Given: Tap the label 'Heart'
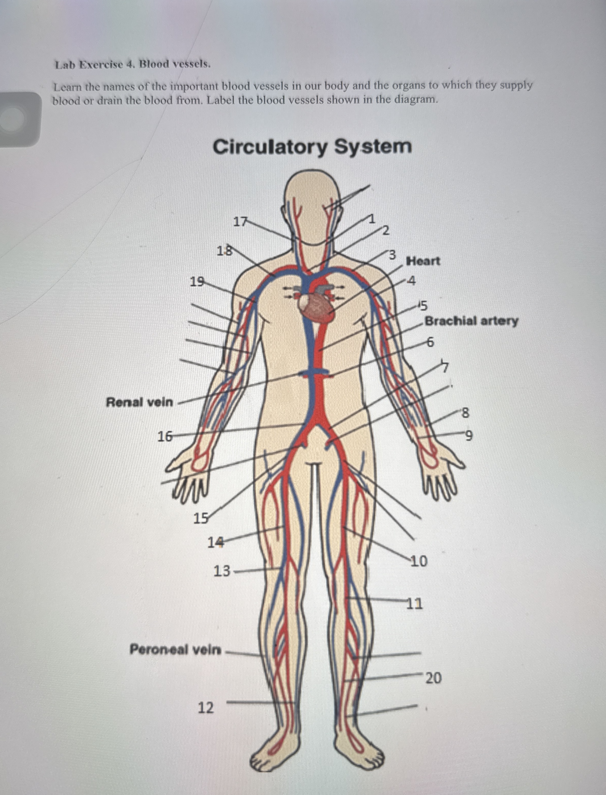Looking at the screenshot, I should pos(423,261).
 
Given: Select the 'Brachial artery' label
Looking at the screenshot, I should pos(471,321).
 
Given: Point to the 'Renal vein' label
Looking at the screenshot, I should pos(139,402).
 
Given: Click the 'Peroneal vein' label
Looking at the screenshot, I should pos(175,650).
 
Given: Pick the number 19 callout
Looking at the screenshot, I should pos(197,282).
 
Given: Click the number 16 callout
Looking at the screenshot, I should pos(165,437).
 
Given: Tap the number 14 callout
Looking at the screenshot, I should pos(215,542).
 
